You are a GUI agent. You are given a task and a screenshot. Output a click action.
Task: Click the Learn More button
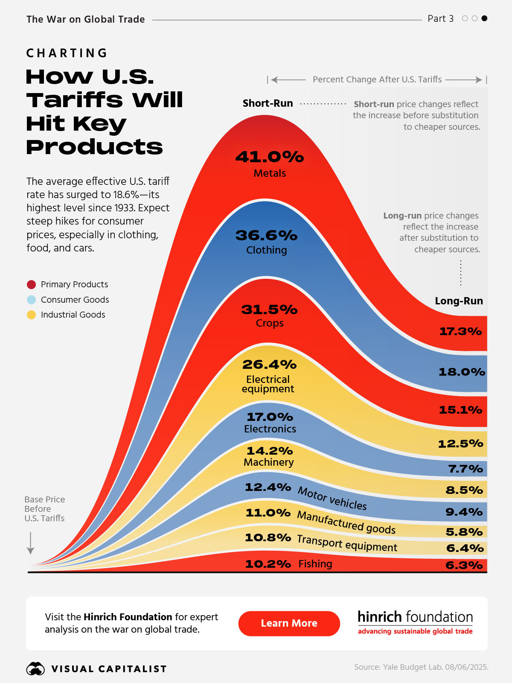(289, 623)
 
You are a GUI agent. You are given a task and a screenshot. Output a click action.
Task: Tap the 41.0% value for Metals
(270, 157)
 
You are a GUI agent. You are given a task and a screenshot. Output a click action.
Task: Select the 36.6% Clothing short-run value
(266, 235)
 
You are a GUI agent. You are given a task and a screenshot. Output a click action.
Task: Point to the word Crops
(270, 323)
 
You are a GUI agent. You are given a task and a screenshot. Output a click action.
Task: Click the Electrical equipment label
(268, 384)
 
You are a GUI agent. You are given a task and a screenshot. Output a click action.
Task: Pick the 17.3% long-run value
(460, 331)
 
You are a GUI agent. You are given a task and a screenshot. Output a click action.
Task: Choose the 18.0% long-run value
(462, 372)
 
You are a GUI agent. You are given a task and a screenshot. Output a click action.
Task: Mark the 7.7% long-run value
(465, 469)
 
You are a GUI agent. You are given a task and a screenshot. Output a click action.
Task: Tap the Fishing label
(315, 564)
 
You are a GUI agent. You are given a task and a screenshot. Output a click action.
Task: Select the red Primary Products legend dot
(31, 284)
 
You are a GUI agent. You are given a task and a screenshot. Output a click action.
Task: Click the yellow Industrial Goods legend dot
(31, 315)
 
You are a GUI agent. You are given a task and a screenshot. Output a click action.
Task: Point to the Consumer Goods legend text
(75, 300)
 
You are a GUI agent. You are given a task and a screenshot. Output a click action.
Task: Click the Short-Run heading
(268, 103)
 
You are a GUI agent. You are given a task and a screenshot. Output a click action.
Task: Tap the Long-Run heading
(459, 301)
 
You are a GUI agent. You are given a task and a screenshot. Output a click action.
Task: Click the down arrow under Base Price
(30, 543)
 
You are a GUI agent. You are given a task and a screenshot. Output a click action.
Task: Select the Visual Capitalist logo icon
(35, 668)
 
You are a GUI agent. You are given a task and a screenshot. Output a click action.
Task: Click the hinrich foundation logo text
(415, 617)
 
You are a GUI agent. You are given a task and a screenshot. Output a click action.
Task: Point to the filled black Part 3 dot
(484, 18)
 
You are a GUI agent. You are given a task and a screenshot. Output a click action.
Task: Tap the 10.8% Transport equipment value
(268, 537)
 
